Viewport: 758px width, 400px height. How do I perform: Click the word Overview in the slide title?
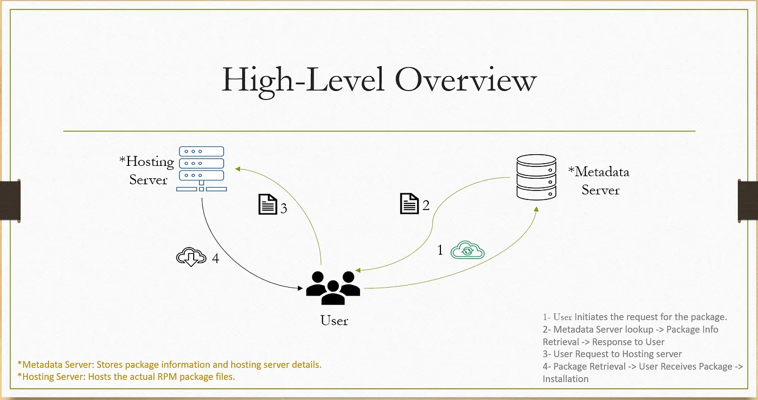pyautogui.click(x=466, y=80)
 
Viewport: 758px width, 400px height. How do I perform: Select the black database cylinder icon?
pyautogui.click(x=536, y=177)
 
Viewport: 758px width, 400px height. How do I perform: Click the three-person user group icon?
pyautogui.click(x=333, y=287)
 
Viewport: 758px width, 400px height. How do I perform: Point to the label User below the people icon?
pyautogui.click(x=334, y=321)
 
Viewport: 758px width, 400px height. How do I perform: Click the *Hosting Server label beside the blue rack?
pyautogui.click(x=147, y=170)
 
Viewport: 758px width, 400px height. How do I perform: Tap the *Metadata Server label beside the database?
pyautogui.click(x=599, y=180)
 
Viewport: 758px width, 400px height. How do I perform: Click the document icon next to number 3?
pyautogui.click(x=267, y=204)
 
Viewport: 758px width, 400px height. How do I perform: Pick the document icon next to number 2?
pyautogui.click(x=410, y=203)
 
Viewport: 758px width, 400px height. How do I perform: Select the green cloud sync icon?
pyautogui.click(x=468, y=250)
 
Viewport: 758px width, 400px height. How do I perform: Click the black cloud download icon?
pyautogui.click(x=191, y=257)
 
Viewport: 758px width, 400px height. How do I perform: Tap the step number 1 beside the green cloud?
pyautogui.click(x=440, y=250)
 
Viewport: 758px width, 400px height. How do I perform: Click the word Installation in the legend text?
pyautogui.click(x=565, y=379)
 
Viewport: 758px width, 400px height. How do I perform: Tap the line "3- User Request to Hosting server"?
pyautogui.click(x=612, y=354)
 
